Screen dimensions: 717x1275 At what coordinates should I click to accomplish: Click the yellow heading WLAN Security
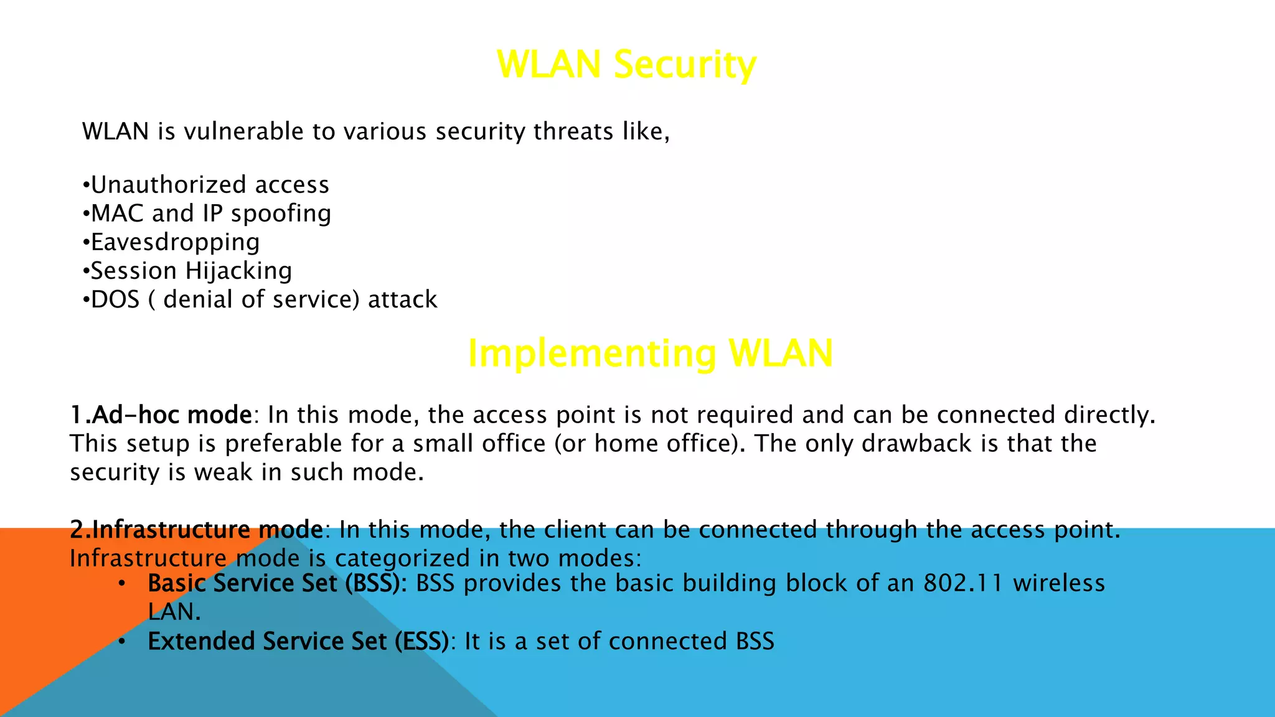pyautogui.click(x=626, y=64)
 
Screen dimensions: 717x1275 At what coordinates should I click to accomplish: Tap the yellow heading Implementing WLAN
pyautogui.click(x=650, y=353)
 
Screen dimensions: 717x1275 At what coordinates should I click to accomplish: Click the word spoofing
pyautogui.click(x=281, y=214)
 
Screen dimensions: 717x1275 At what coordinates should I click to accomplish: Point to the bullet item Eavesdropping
pyautogui.click(x=175, y=242)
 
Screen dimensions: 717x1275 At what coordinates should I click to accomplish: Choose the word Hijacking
pyautogui.click(x=238, y=271)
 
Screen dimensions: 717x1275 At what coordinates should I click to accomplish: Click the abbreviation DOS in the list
pyautogui.click(x=115, y=299)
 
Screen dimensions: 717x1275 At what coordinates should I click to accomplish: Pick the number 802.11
pyautogui.click(x=963, y=583)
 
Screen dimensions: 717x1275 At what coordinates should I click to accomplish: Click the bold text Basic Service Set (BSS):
pyautogui.click(x=277, y=583)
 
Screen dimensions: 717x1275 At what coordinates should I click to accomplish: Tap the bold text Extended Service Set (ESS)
pyautogui.click(x=298, y=641)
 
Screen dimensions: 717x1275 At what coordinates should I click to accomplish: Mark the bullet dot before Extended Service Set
pyautogui.click(x=122, y=641)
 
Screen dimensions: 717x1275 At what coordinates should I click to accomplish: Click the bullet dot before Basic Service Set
pyautogui.click(x=122, y=583)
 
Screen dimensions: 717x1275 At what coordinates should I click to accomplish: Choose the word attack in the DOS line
pyautogui.click(x=403, y=299)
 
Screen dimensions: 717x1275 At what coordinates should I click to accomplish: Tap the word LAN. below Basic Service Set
pyautogui.click(x=174, y=612)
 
